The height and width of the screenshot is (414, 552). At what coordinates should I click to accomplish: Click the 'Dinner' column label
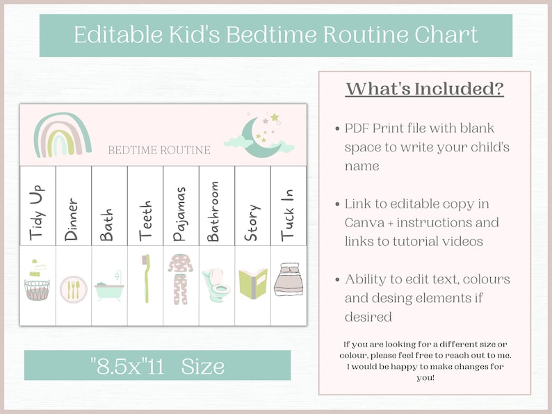72,219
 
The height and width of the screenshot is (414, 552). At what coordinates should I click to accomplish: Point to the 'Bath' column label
107,224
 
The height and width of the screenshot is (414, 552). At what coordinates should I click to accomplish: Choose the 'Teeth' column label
145,222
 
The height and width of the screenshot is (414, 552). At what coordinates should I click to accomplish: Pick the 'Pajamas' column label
180,214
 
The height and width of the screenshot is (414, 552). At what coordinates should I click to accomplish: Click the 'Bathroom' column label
213,211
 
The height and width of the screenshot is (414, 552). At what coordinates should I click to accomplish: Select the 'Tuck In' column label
288,215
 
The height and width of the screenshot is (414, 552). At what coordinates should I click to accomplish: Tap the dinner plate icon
73,288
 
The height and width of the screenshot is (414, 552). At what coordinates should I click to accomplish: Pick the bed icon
288,281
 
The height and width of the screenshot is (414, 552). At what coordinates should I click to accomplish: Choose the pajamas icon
181,279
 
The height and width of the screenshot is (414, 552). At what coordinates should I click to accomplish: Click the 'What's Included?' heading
424,89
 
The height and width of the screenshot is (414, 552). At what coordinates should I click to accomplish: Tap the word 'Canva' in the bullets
364,223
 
